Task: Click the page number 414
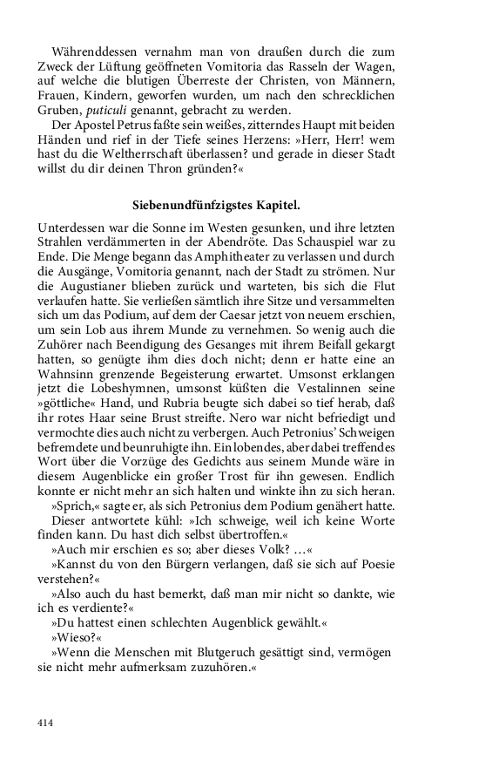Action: click(45, 723)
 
